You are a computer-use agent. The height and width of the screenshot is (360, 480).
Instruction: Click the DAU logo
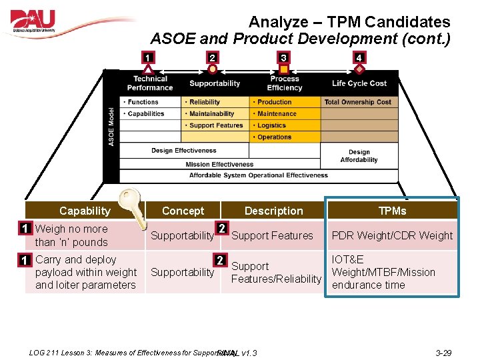click(41, 23)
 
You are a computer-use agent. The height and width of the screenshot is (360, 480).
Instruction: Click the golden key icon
click(133, 206)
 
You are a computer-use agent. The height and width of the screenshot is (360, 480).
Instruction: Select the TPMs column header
click(391, 211)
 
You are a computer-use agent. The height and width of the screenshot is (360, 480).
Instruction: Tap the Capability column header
click(85, 211)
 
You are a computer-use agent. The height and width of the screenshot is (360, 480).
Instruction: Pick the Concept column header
click(183, 211)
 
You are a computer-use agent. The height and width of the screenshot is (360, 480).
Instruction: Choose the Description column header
click(273, 211)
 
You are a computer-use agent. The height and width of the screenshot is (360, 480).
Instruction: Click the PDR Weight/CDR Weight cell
click(392, 235)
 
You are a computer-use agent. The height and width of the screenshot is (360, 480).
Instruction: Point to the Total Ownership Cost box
click(359, 102)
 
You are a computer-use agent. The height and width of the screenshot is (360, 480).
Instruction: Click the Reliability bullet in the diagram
click(205, 102)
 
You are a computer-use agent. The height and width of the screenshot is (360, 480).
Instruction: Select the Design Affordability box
click(359, 156)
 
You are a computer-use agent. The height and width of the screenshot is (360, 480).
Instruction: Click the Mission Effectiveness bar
click(219, 164)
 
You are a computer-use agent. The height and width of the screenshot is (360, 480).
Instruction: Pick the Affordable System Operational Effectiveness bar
click(259, 175)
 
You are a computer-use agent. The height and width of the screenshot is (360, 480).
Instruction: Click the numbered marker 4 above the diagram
click(359, 58)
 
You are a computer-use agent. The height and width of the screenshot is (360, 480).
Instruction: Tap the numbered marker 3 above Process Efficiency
click(284, 58)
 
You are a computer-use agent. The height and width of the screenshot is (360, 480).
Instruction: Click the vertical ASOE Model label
click(111, 127)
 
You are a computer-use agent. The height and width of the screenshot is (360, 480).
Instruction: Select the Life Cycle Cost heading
click(359, 83)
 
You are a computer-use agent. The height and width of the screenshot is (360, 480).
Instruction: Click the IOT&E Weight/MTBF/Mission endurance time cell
click(392, 272)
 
